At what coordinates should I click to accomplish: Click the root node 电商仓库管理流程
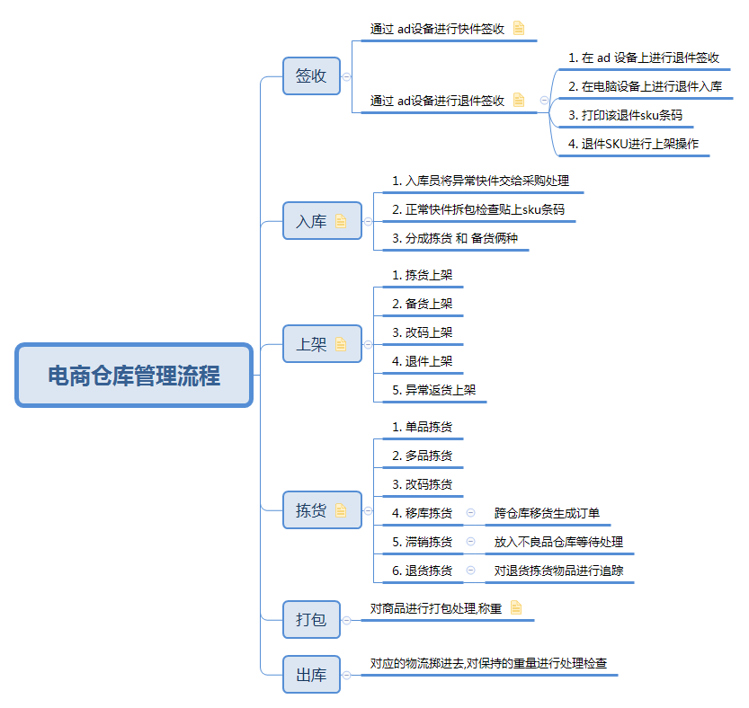pyautogui.click(x=134, y=376)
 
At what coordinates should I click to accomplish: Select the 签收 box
pyautogui.click(x=311, y=75)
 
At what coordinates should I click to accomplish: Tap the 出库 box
pyautogui.click(x=311, y=675)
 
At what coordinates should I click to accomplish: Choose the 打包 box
pyautogui.click(x=311, y=620)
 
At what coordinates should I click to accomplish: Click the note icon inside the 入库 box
pyautogui.click(x=341, y=221)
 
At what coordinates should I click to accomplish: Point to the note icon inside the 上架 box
pyautogui.click(x=341, y=344)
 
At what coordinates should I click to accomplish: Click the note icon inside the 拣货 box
pyautogui.click(x=341, y=510)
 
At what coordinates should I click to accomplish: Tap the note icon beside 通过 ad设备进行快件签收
pyautogui.click(x=519, y=28)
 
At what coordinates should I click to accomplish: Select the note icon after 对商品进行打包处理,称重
pyautogui.click(x=516, y=607)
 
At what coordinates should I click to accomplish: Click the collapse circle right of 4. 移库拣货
pyautogui.click(x=470, y=513)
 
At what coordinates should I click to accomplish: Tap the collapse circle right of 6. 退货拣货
pyautogui.click(x=470, y=570)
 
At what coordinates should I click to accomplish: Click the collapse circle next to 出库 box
pyautogui.click(x=347, y=675)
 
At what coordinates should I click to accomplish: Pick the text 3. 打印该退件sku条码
pyautogui.click(x=625, y=115)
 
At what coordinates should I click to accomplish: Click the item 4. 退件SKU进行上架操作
pyautogui.click(x=633, y=144)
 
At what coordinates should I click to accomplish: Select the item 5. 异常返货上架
pyautogui.click(x=433, y=390)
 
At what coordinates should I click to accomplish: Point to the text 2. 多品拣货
pyautogui.click(x=422, y=456)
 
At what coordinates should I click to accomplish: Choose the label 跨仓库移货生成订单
pyautogui.click(x=547, y=513)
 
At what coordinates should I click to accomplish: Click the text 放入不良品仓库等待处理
pyautogui.click(x=558, y=542)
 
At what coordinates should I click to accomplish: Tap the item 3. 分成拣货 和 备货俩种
pyautogui.click(x=455, y=238)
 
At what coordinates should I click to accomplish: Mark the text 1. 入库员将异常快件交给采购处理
pyautogui.click(x=480, y=181)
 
